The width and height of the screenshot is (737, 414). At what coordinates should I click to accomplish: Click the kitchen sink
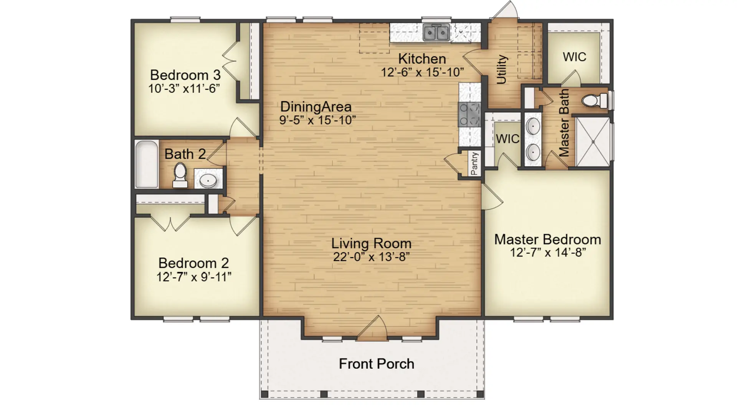[x=436, y=33]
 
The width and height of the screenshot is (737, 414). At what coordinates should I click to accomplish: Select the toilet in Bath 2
[x=180, y=175]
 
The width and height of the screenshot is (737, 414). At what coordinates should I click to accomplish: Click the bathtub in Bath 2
[x=147, y=164]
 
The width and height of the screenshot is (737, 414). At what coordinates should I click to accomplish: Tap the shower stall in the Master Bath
[x=593, y=142]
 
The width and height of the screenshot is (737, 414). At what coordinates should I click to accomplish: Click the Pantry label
[x=475, y=163]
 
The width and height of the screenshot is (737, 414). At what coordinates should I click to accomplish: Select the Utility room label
[x=502, y=69]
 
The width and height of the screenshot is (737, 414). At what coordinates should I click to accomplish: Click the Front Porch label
[x=377, y=364]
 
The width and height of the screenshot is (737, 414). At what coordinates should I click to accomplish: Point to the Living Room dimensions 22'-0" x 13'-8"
[x=371, y=257]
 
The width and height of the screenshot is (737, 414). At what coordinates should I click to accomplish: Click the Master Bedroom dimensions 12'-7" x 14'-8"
[x=548, y=253]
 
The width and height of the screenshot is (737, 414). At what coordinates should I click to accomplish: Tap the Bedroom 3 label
[x=185, y=75]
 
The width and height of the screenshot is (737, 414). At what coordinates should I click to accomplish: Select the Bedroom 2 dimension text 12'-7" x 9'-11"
[x=194, y=277]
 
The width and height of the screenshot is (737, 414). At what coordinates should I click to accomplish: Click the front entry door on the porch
[x=372, y=328]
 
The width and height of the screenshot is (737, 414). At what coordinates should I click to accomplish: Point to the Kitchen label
[x=422, y=59]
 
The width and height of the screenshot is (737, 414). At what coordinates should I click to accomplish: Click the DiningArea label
[x=316, y=107]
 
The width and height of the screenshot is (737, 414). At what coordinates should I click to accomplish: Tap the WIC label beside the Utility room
[x=574, y=57]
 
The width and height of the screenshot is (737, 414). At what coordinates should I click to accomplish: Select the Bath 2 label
[x=185, y=154]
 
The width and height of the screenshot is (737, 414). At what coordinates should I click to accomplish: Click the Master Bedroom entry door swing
[x=492, y=196]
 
